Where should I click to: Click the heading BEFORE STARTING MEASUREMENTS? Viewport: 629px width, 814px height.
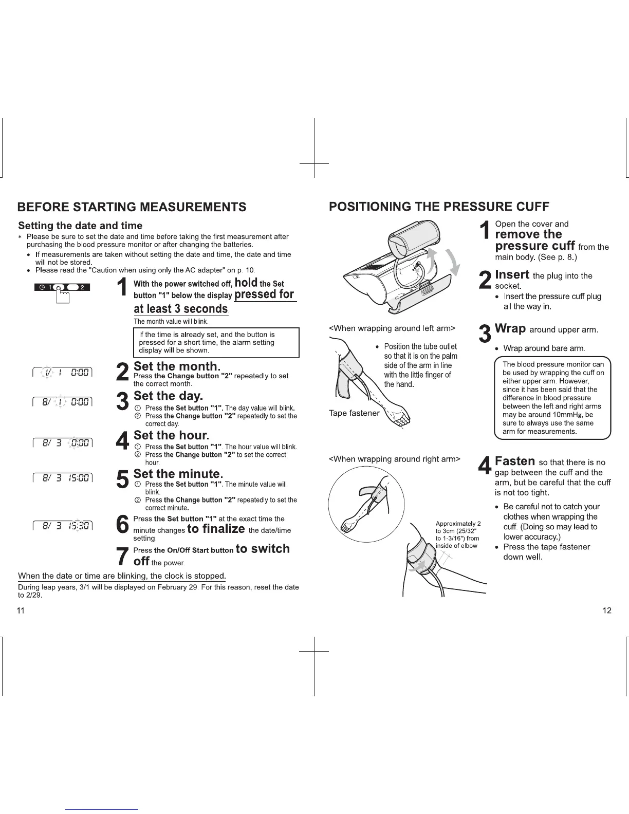point(132,207)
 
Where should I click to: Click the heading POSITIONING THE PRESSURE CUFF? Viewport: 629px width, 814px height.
point(439,207)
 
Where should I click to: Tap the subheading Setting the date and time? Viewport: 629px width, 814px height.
point(80,226)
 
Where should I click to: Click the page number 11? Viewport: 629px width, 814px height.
point(21,611)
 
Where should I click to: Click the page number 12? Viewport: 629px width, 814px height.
point(607,611)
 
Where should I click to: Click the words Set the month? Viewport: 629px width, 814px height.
point(177,366)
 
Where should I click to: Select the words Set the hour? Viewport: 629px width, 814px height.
point(171,435)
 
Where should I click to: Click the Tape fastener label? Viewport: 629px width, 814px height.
point(354,413)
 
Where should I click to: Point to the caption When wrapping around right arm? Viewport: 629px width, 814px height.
point(395,459)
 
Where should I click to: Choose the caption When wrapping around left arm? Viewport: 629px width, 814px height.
point(392,328)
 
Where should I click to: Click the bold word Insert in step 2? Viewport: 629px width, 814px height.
point(512,274)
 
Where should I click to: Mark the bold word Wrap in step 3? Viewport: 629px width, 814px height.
point(510,328)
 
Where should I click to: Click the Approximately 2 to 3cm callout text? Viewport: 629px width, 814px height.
point(457,534)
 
